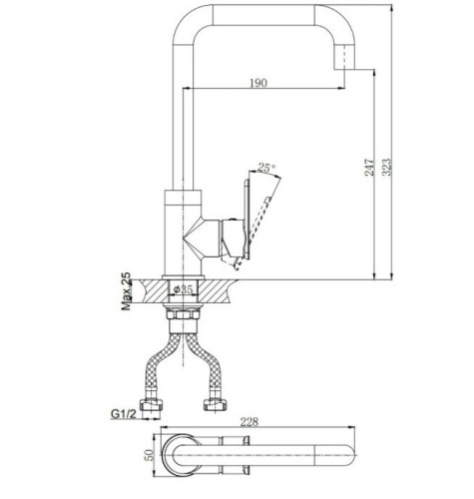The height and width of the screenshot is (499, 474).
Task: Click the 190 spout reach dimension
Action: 258,83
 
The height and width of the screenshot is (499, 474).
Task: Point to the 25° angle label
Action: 265,168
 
